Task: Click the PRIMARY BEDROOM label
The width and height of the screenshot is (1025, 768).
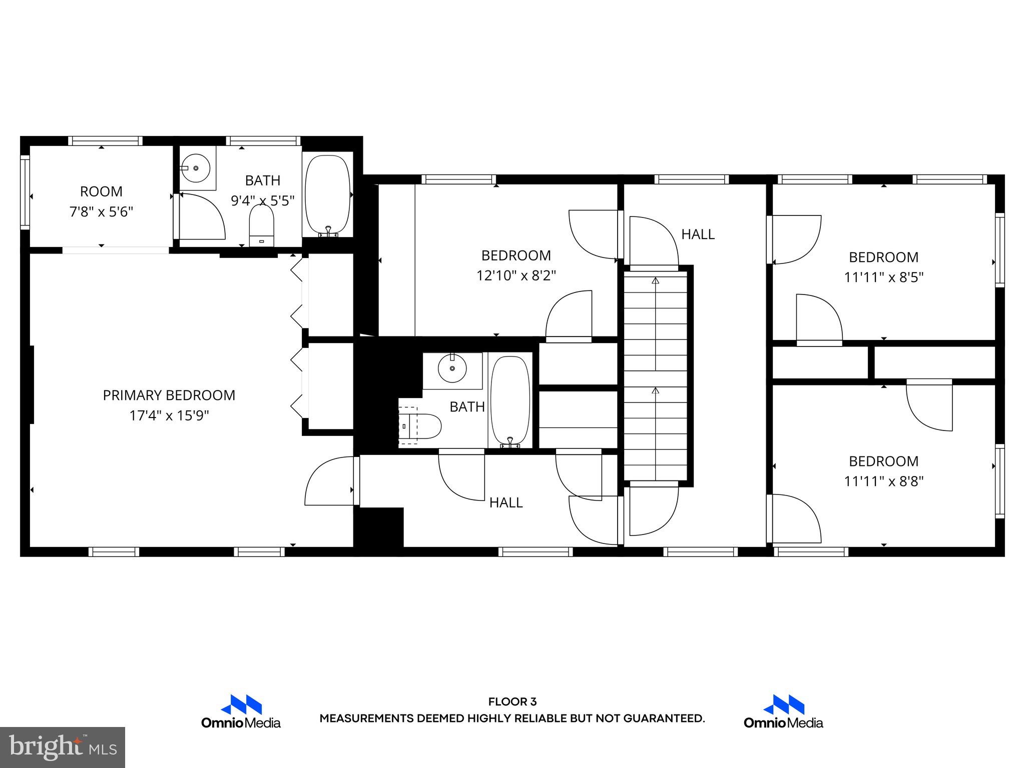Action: coord(169,395)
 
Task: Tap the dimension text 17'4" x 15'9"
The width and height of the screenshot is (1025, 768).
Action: coord(169,416)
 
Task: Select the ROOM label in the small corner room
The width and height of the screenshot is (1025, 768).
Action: coord(101,191)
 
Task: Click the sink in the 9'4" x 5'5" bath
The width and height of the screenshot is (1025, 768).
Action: coord(196,168)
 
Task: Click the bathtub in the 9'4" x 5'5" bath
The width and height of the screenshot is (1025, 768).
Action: coord(328,195)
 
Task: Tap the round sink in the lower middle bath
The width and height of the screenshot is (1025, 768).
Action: coord(452,368)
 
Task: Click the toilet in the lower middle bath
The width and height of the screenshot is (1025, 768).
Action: coord(423,426)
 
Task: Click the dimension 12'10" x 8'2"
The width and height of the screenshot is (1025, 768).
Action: coord(516,276)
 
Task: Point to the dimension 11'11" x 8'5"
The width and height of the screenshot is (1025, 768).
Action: coord(883,277)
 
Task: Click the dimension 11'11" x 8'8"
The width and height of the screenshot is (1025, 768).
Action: coord(883,481)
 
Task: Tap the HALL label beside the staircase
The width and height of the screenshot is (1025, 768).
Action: coord(698,234)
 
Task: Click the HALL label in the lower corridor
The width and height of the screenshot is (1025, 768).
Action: coord(505,503)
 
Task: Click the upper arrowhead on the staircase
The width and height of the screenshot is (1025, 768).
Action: coord(655,280)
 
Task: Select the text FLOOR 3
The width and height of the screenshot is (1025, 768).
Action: coord(512,702)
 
